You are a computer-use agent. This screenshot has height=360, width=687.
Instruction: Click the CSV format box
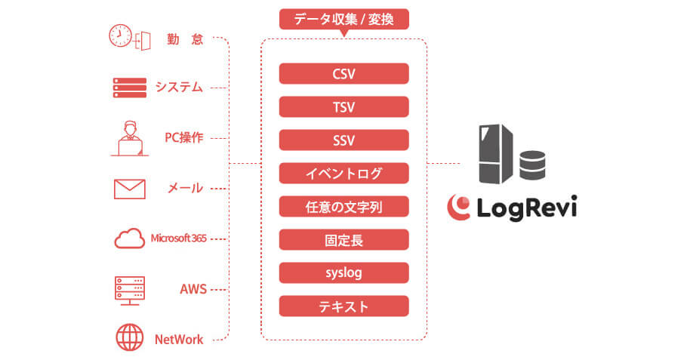[x=344, y=73]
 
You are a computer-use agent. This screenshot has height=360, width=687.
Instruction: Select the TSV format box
[x=344, y=107]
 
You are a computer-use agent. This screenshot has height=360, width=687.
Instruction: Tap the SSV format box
[x=344, y=140]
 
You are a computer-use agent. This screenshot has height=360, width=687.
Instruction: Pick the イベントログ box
[x=344, y=174]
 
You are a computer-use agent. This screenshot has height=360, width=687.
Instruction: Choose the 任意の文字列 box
[x=344, y=207]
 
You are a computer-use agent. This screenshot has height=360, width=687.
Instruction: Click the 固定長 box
[x=344, y=240]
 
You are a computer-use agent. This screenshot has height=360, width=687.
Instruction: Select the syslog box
[x=344, y=273]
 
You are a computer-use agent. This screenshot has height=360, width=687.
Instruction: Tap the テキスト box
[x=344, y=306]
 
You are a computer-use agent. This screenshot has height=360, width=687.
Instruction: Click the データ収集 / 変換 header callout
[x=344, y=20]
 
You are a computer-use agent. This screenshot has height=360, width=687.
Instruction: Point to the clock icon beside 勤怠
[x=120, y=36]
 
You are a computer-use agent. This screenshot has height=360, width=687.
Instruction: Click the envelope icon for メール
[x=130, y=189]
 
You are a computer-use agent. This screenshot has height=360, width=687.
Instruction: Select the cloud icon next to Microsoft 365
[x=130, y=238]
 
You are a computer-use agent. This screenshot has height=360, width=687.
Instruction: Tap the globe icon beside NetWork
[x=130, y=337]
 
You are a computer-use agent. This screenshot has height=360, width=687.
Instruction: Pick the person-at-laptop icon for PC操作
[x=130, y=138]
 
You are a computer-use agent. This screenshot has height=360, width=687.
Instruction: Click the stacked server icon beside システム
[x=130, y=88]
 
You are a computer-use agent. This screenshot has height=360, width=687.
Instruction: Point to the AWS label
[x=193, y=289]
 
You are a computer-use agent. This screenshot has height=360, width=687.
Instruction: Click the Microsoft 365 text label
[x=178, y=238]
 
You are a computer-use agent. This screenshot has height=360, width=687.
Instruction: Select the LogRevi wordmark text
[x=527, y=208]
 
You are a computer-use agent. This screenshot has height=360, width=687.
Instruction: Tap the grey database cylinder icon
[x=532, y=165]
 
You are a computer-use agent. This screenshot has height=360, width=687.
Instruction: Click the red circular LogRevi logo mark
[x=459, y=207]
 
